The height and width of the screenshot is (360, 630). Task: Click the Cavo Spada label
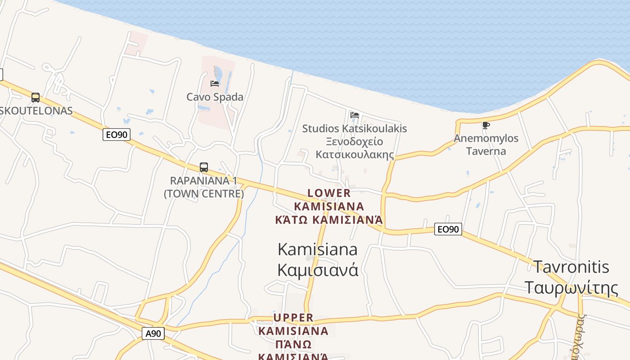(215, 97)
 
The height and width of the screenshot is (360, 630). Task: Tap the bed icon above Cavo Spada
(215, 83)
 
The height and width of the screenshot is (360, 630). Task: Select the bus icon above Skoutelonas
(35, 97)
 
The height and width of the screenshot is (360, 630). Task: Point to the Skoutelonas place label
(36, 111)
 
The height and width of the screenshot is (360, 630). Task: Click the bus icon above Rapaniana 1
(204, 167)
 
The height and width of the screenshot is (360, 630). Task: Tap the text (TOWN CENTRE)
(204, 193)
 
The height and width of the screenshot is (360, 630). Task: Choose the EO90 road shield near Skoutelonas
(117, 135)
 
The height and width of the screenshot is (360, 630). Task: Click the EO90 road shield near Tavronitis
(449, 229)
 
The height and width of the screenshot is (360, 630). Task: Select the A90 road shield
(153, 333)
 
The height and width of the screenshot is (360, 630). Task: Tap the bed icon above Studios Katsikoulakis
(355, 115)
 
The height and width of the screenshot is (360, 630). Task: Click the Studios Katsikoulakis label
(354, 128)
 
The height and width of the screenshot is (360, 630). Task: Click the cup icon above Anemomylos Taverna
(486, 125)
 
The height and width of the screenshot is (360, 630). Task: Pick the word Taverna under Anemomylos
(486, 151)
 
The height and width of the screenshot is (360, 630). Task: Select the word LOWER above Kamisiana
(329, 193)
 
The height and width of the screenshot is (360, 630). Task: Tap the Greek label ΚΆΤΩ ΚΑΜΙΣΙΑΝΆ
(329, 220)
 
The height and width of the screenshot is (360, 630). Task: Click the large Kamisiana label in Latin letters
(318, 249)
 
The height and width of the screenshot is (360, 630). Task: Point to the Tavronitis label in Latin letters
(571, 266)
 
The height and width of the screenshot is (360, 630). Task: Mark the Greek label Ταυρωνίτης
(571, 287)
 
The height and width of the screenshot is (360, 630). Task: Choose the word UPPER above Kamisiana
(293, 318)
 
